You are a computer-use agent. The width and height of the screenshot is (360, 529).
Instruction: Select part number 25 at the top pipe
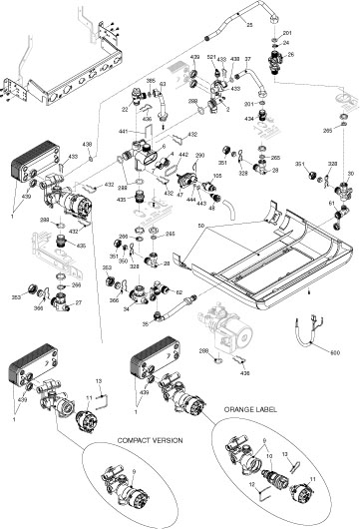pyautogui.click(x=248, y=22)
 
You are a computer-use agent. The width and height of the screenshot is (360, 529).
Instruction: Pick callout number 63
pyautogui.click(x=163, y=84)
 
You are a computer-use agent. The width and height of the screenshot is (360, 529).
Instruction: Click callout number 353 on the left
pyautogui.click(x=17, y=296)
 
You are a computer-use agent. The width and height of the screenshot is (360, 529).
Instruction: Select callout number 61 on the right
pyautogui.click(x=332, y=203)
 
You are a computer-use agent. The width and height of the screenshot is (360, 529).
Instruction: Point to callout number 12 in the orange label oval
pyautogui.click(x=251, y=490)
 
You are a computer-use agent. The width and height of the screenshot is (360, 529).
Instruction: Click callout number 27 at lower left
pyautogui.click(x=78, y=302)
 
